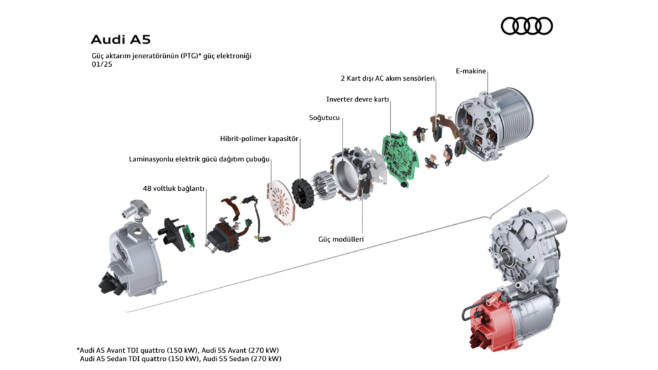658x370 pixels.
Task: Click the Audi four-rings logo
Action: point(526,26)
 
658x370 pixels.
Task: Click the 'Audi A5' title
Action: point(120,40)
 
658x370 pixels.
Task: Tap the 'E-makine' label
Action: point(470,71)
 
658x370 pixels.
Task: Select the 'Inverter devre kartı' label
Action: point(358,100)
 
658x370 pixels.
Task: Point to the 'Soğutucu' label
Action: point(325,118)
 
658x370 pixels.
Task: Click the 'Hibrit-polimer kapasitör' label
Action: point(259,138)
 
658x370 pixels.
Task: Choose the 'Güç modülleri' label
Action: point(341,239)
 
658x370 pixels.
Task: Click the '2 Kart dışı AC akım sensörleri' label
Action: point(387,78)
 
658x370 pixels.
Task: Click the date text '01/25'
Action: point(101,64)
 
